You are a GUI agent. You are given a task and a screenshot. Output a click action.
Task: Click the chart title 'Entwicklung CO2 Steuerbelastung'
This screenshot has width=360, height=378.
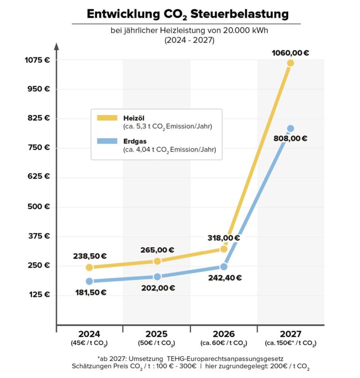pos(187,14)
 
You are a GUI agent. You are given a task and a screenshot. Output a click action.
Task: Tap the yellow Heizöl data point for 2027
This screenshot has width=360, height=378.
pos(290,63)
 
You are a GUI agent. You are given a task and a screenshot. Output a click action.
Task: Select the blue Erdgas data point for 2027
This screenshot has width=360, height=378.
pos(290,129)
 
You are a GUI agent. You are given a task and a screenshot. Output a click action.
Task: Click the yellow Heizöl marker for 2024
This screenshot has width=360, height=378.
pos(89,267)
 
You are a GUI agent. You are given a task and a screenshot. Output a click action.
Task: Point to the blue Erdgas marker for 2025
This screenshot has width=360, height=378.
pos(157,277)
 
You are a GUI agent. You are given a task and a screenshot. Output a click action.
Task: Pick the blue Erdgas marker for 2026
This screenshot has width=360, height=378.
pos(224,266)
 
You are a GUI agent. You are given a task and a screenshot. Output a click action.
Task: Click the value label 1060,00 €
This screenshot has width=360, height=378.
pos(290,53)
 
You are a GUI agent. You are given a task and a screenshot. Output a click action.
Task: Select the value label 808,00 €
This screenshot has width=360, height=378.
pos(290,139)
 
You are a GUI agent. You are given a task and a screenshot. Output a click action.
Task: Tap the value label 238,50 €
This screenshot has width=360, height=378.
pos(89,257)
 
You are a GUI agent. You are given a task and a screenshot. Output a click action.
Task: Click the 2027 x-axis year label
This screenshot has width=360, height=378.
pos(290,334)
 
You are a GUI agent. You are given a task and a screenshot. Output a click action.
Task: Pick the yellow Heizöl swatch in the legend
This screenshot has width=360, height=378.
pos(107,118)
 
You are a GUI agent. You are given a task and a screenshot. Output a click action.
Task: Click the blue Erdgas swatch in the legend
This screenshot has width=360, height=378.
pos(107,141)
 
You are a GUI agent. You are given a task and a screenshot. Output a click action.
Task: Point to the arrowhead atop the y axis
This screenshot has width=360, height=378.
pos(56,46)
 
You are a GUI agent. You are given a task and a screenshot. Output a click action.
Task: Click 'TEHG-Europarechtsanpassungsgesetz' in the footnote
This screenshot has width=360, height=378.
pos(225,358)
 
